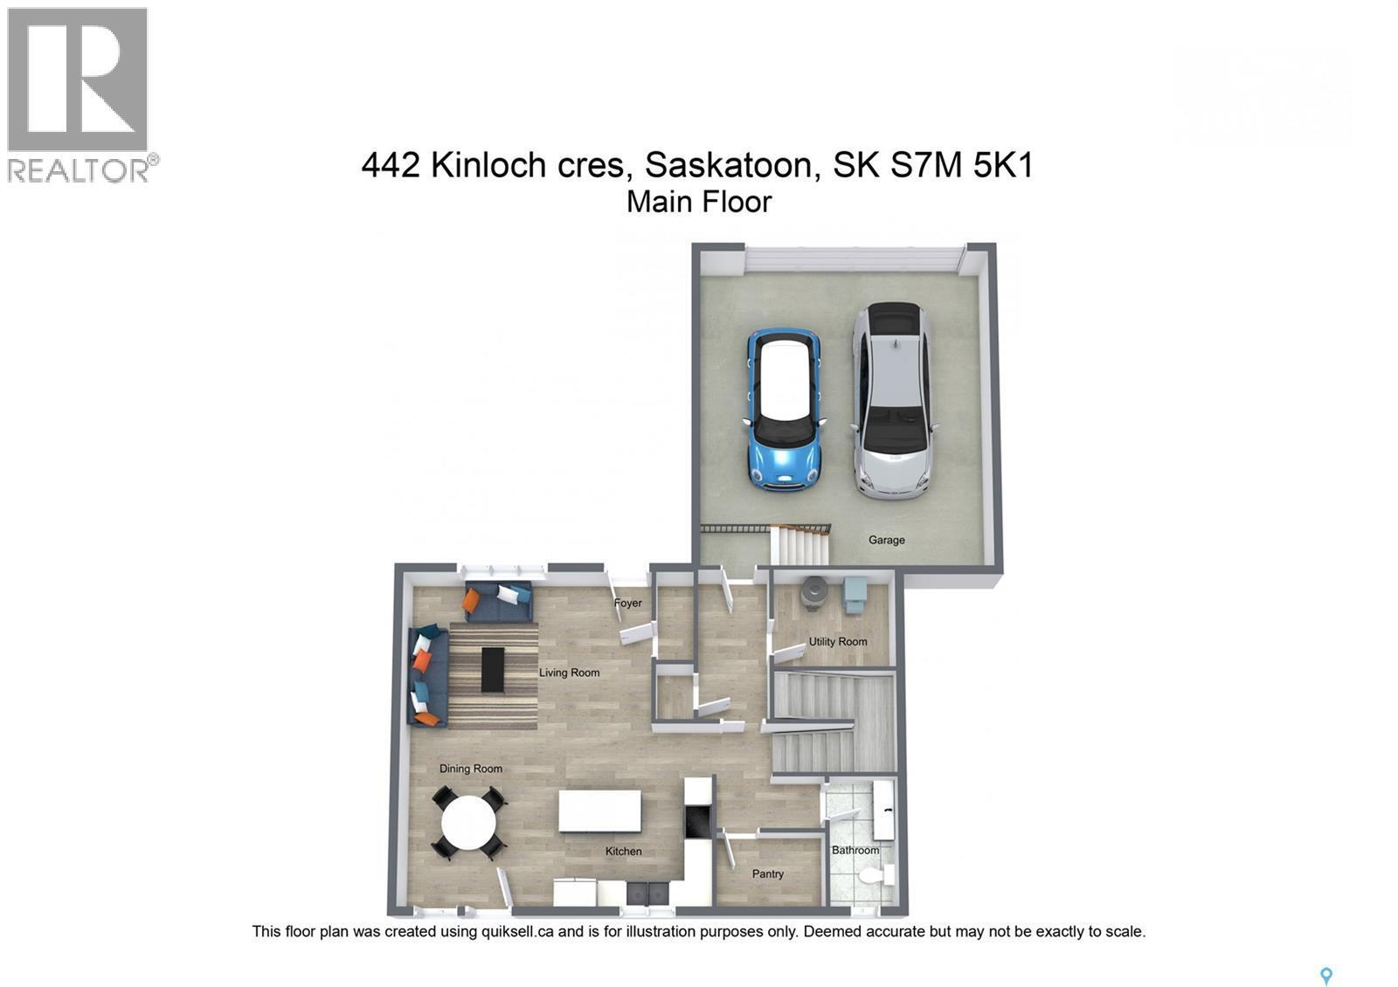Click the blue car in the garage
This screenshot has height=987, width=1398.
click(784, 409)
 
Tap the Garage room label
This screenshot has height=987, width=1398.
click(886, 540)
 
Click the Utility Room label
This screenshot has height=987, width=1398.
click(837, 641)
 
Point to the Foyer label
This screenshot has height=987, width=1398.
click(627, 603)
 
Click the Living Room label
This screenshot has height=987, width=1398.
click(569, 673)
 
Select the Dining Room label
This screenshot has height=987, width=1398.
click(470, 769)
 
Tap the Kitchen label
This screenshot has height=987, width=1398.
click(623, 851)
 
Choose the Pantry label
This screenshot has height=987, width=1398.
click(768, 873)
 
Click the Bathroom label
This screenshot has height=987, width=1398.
click(855, 850)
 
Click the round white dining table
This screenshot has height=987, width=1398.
click(468, 823)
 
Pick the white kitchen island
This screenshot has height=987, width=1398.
click(599, 811)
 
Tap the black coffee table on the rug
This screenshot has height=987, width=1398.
click(493, 670)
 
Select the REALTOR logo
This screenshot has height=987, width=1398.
click(79, 94)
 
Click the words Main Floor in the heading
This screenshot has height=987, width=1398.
click(699, 202)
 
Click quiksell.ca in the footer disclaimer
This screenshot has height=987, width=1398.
click(517, 932)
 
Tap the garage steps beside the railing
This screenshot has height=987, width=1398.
click(801, 547)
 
